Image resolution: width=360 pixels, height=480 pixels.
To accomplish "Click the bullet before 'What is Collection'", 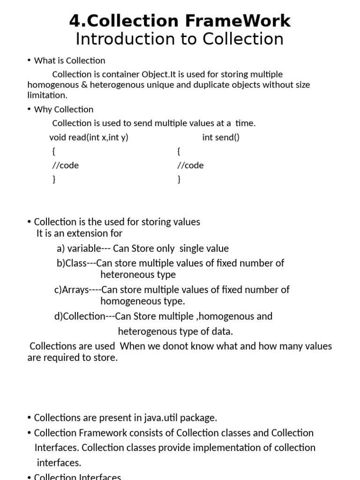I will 29,60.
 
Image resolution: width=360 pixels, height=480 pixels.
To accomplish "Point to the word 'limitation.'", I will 47,95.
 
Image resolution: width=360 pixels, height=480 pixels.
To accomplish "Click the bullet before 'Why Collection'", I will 29,109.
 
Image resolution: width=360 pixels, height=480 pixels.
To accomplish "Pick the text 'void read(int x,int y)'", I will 89,137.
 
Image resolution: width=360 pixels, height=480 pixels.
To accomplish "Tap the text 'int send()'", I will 221,137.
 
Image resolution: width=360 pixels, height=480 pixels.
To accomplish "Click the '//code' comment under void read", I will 65,165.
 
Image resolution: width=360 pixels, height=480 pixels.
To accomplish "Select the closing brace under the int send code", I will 179,179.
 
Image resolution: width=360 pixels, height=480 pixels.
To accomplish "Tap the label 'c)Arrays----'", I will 77,290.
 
